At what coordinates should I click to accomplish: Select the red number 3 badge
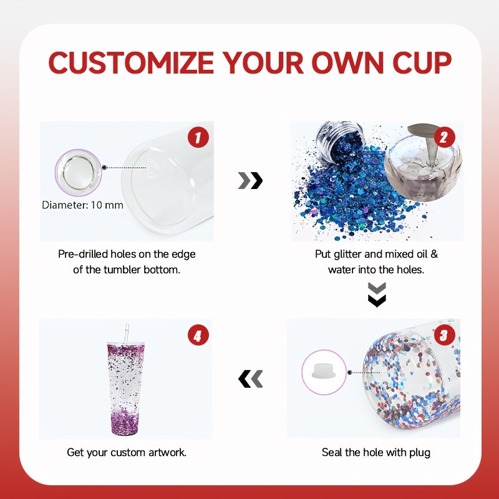443,336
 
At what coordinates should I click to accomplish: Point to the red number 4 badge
198,336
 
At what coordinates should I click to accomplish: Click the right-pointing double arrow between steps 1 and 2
251,181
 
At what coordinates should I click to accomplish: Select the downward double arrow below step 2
377,294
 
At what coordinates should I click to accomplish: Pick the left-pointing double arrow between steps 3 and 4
251,378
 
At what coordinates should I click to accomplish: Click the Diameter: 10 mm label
82,205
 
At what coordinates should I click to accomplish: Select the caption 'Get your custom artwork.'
127,452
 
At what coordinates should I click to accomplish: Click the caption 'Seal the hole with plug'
376,452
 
